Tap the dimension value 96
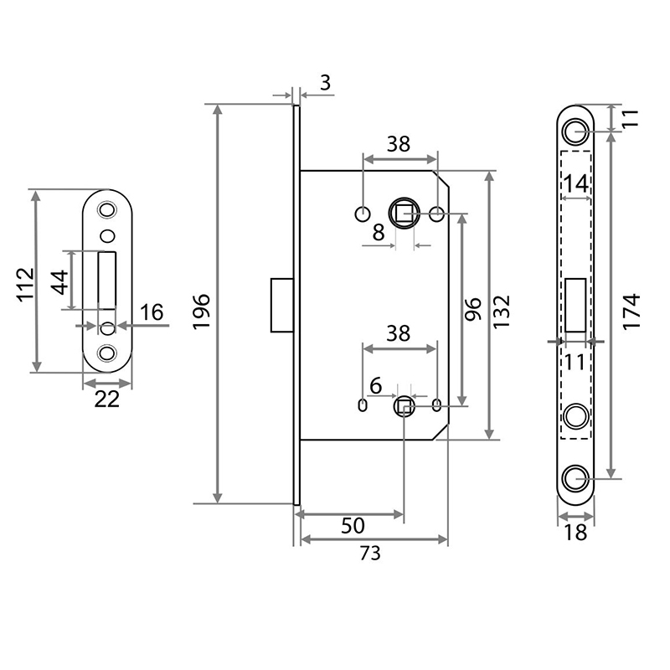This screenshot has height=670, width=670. coord(472,311)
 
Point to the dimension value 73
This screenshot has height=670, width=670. coord(371,553)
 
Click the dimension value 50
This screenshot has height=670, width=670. coord(353,526)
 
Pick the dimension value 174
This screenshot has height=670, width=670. coord(632,311)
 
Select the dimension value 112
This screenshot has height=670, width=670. coord(24,284)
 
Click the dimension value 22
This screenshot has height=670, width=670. coord(106,400)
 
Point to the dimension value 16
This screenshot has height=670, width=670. coord(152,313)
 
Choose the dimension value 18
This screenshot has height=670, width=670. coord(575,533)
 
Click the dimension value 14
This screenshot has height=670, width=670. coord(575,183)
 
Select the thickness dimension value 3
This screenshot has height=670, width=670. coord(326,82)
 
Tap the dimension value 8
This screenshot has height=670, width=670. coord(379,234)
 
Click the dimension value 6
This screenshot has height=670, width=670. coord(376,387)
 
